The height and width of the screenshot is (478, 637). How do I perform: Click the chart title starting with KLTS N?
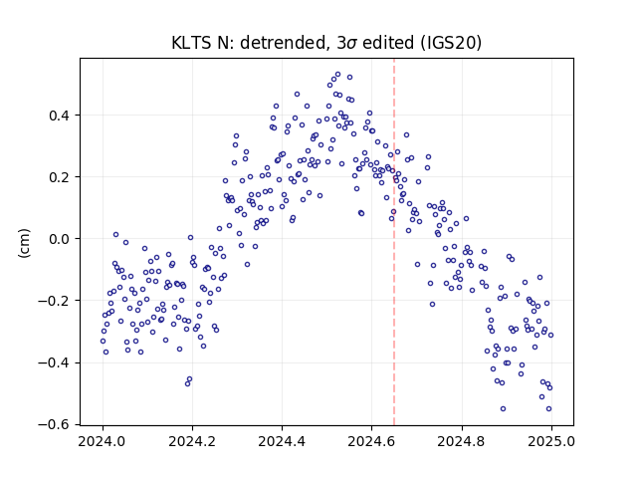coord(326,43)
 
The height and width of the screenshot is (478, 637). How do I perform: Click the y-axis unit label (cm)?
coord(24,243)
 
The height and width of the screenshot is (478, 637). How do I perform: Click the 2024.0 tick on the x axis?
coord(103,441)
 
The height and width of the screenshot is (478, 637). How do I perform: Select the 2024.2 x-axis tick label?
coord(192,441)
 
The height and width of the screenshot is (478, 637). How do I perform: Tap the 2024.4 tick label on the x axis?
coord(282,441)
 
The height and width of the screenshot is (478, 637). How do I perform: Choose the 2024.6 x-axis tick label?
coord(371,441)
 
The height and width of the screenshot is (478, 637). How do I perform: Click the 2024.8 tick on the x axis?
coord(462,441)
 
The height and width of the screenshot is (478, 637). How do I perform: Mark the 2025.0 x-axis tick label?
coord(551,441)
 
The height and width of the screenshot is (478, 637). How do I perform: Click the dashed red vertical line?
coord(394,242)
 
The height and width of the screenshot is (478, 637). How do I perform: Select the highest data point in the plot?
coord(337,75)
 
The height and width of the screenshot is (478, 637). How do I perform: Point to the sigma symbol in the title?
coord(351,44)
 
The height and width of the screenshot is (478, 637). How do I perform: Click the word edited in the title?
coord(387,43)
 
